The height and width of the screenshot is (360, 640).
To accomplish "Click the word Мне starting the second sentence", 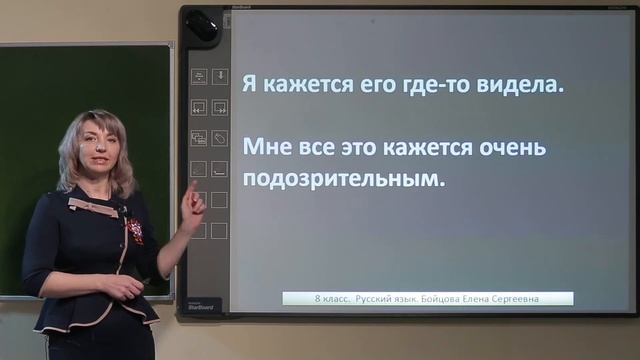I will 266,148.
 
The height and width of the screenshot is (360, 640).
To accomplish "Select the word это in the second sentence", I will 367,148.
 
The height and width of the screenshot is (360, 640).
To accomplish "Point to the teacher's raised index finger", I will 191,187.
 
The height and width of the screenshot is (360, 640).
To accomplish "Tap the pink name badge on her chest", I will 92,207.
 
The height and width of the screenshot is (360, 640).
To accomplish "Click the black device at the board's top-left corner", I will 200,26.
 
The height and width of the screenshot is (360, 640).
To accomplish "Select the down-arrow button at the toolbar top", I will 220,76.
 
